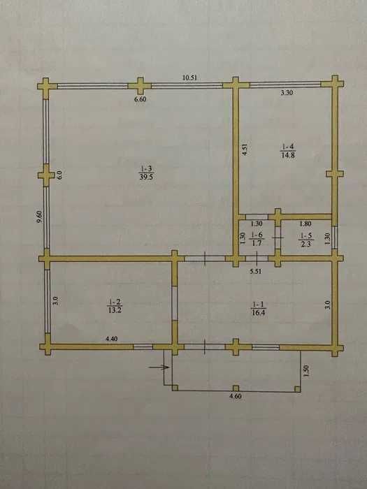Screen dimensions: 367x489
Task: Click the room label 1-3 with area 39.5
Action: click(147, 173)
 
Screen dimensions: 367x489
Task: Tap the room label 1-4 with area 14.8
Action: click(288, 152)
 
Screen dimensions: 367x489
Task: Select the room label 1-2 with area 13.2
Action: click(115, 306)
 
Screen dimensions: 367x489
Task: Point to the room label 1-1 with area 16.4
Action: click(258, 309)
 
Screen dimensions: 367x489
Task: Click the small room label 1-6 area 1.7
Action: click(257, 239)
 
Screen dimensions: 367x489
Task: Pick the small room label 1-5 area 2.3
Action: click(306, 240)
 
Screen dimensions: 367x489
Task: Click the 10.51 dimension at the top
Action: click(189, 78)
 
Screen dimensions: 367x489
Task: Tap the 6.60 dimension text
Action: click(140, 99)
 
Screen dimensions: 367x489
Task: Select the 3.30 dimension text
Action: click(287, 92)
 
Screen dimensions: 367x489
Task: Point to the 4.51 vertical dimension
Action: click(245, 149)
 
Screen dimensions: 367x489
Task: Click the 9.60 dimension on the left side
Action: click(39, 217)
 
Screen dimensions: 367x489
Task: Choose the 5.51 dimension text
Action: click(256, 271)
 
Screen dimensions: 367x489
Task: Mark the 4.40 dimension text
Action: click(112, 339)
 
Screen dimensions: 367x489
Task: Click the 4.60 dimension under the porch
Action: click(236, 397)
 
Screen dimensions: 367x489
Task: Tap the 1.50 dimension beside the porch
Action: click(306, 371)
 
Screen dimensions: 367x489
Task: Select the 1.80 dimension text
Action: click(305, 224)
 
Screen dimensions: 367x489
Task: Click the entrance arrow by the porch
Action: click(159, 367)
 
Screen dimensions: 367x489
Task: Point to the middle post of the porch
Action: click(236, 388)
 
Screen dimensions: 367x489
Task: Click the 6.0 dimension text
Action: click(59, 175)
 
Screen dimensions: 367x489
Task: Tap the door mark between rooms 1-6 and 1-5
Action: click(278, 238)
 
